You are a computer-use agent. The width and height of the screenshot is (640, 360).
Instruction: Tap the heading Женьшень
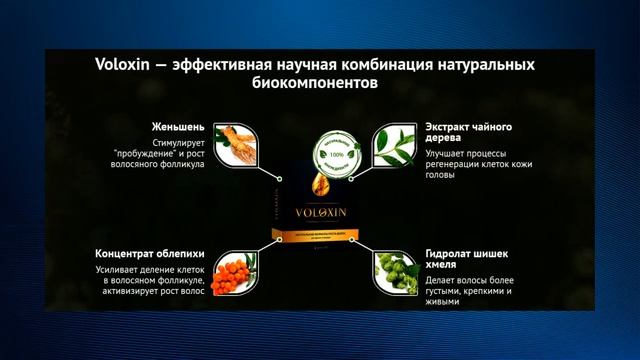(x=179, y=127)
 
